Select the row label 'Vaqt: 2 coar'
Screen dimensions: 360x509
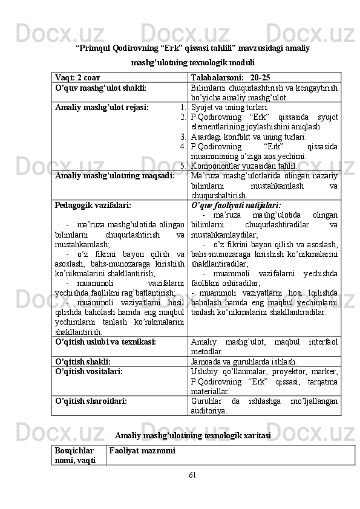pyautogui.click(x=79, y=78)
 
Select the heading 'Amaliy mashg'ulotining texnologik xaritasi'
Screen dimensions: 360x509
pyautogui.click(x=192, y=435)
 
